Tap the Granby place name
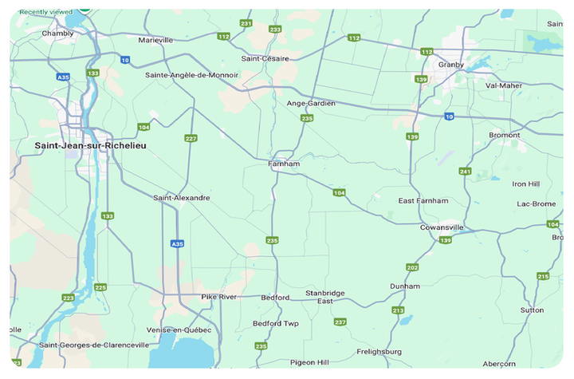point(451,64)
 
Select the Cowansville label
point(442,227)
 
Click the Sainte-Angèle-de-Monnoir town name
point(191,75)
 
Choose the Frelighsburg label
point(379,351)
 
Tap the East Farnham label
point(423,200)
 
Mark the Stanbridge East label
point(325,297)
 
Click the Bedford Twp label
point(275,323)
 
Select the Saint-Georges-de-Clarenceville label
point(94,345)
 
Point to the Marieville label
point(155,40)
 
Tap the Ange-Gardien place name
point(311,103)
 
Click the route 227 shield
point(191,138)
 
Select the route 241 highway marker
point(465,171)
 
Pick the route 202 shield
point(412,267)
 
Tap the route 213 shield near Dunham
point(398,310)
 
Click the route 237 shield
point(340,322)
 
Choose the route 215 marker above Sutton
point(543,276)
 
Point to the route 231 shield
point(246,24)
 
